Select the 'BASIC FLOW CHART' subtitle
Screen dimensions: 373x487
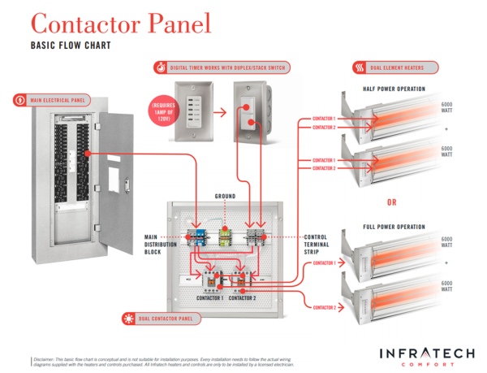(71, 46)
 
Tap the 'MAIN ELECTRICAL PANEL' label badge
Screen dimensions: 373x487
(56, 101)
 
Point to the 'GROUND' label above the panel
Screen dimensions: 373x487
(225, 197)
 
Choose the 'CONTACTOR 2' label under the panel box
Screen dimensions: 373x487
(243, 298)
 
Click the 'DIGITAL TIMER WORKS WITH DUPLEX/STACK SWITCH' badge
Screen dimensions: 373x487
(213, 67)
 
